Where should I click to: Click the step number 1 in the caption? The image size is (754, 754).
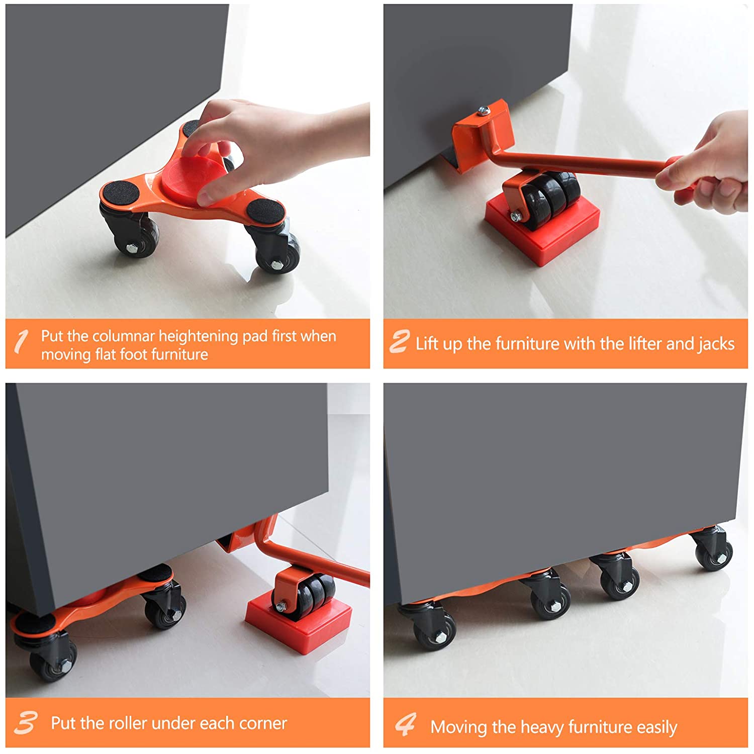click(x=21, y=342)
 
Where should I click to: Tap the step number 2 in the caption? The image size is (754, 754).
click(x=400, y=342)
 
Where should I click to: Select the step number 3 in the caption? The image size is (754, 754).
click(x=25, y=723)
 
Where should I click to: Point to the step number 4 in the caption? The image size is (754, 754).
click(x=406, y=724)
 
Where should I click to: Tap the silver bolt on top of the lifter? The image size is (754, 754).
click(x=484, y=111)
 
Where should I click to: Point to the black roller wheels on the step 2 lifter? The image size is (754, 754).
click(x=550, y=199)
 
